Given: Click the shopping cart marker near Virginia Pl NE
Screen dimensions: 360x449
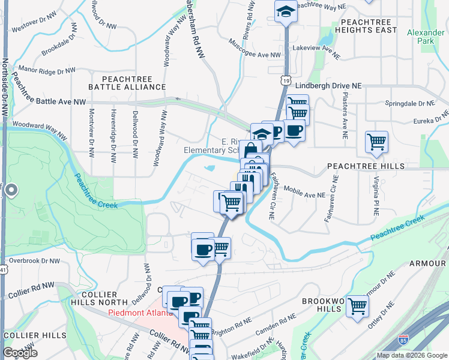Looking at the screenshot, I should pyautogui.click(x=377, y=142).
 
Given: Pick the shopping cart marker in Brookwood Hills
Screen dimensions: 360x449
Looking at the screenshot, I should pyautogui.click(x=358, y=305).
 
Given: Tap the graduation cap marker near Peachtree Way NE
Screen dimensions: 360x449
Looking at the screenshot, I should pyautogui.click(x=286, y=11).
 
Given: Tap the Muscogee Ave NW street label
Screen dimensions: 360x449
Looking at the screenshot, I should pyautogui.click(x=255, y=49).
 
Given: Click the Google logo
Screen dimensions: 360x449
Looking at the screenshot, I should pyautogui.click(x=20, y=353).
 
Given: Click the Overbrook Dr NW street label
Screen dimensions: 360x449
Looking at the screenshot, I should pyautogui.click(x=35, y=261).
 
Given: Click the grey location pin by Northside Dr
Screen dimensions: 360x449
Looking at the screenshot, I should pyautogui.click(x=11, y=191).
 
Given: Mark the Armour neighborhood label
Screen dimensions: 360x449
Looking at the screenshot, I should pyautogui.click(x=427, y=263).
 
